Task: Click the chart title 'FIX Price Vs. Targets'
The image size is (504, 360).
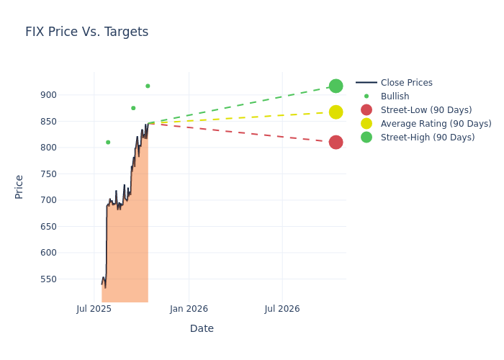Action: coord(86,32)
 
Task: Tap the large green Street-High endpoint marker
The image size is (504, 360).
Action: coord(336,86)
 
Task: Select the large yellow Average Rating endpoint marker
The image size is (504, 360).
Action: coord(336,112)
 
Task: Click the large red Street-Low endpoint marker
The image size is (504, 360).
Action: coord(336,142)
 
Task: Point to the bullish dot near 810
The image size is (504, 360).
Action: coord(108,142)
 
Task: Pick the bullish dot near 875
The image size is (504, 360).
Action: coord(133,108)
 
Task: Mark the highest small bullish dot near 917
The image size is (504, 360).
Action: coord(148,86)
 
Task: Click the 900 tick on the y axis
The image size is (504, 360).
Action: coord(68,95)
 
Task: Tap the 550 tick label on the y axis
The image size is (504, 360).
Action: coord(68,279)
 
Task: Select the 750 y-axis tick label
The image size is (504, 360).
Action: coord(68,174)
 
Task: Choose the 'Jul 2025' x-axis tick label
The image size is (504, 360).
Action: coord(94,309)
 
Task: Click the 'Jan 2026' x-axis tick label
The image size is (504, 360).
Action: coord(189,309)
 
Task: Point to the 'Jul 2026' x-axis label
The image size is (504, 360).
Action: coord(282,309)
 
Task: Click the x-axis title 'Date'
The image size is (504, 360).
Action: coord(202,328)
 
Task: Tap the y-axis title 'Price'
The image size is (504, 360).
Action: coord(19,186)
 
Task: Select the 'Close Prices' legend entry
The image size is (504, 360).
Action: coord(406,83)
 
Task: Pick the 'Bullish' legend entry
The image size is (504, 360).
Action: coord(395,96)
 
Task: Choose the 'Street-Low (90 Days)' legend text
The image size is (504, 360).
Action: coord(426,110)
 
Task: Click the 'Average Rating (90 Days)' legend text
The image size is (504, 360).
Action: coord(436,124)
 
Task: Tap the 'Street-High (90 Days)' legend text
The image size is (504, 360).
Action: coord(428,138)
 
